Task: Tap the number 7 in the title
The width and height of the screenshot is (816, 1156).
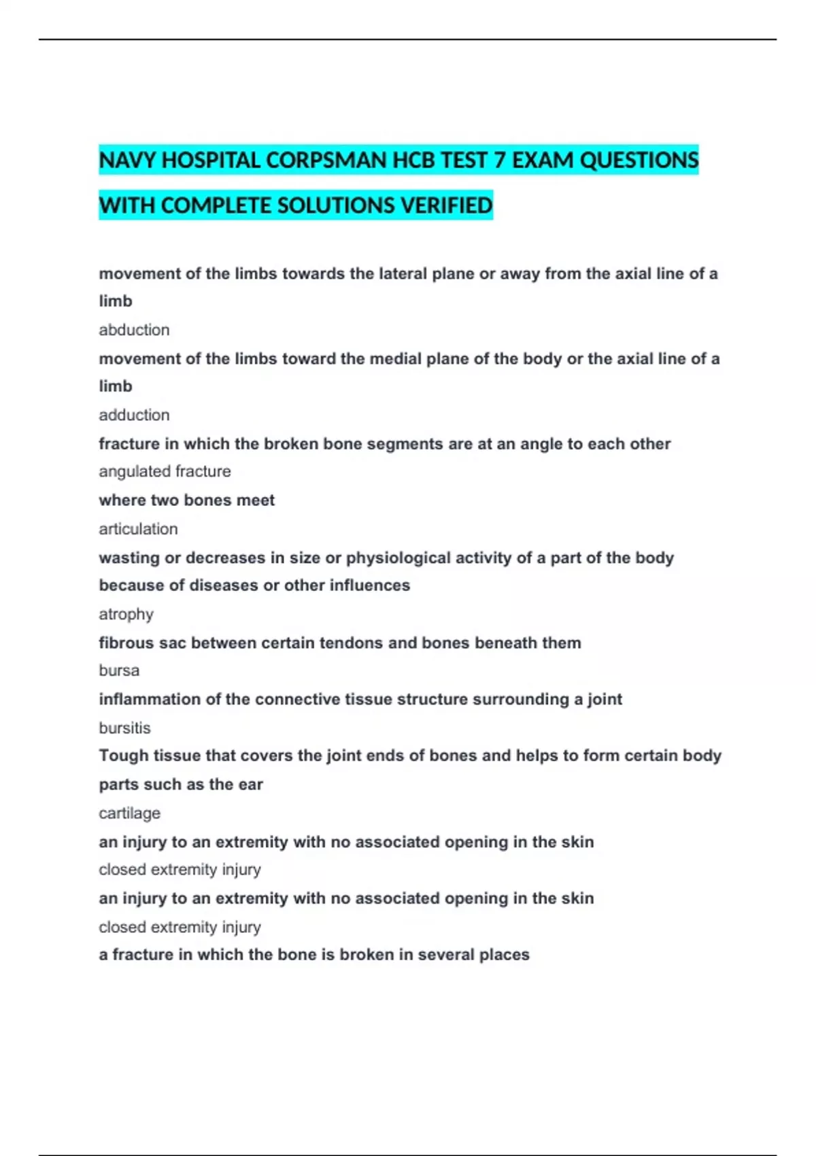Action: pyautogui.click(x=500, y=160)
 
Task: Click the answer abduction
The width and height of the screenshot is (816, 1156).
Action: pyautogui.click(x=134, y=330)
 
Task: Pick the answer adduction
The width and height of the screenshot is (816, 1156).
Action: pyautogui.click(x=134, y=415)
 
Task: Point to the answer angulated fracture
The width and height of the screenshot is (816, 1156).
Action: pyautogui.click(x=165, y=471)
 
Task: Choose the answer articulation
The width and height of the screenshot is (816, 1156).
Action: pyautogui.click(x=138, y=529)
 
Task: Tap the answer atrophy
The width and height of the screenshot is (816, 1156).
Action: pyautogui.click(x=126, y=614)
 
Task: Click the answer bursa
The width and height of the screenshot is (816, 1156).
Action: pyautogui.click(x=119, y=670)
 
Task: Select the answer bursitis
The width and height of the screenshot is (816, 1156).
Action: pyautogui.click(x=124, y=728)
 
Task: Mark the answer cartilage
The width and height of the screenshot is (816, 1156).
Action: pyautogui.click(x=129, y=813)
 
